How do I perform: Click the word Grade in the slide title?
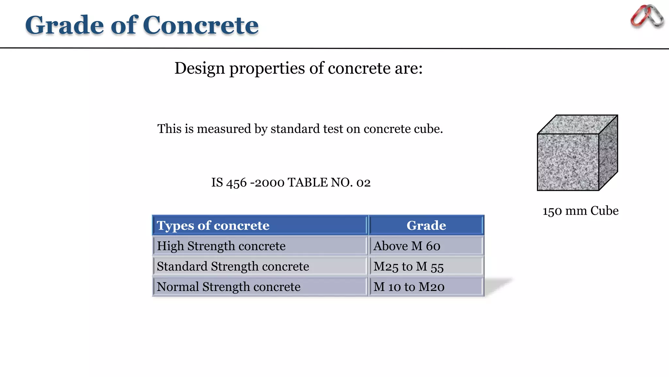click(64, 25)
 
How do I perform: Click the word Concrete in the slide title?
click(201, 25)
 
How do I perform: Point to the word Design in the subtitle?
click(200, 68)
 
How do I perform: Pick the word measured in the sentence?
click(224, 129)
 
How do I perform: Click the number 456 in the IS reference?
click(236, 183)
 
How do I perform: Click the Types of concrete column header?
click(213, 225)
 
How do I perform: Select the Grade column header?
click(426, 225)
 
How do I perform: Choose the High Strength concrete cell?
click(221, 246)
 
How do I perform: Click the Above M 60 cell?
click(407, 246)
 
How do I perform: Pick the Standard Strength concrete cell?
click(233, 266)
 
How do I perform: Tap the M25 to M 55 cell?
click(408, 266)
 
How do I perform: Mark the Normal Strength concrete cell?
click(228, 287)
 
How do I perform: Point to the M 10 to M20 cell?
click(409, 287)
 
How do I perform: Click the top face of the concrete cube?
click(578, 124)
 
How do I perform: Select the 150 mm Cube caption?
click(580, 211)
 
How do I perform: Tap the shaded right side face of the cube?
click(608, 153)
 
